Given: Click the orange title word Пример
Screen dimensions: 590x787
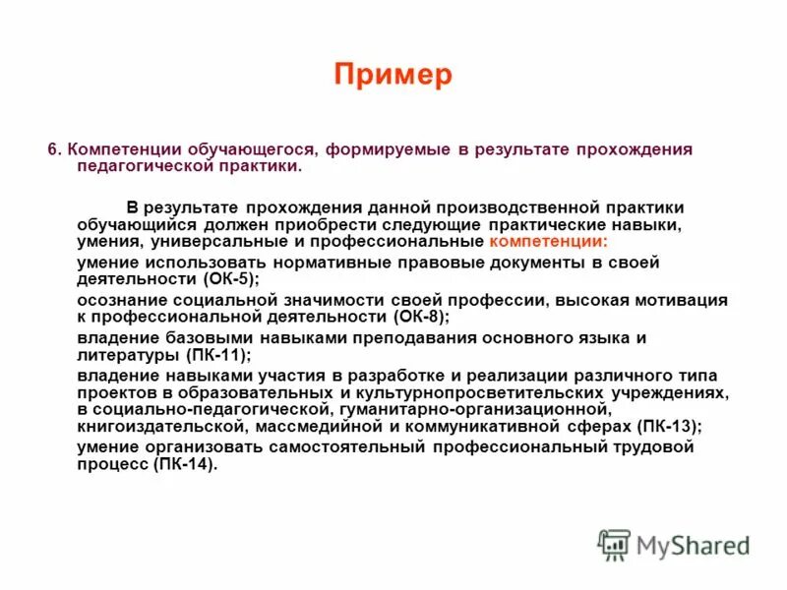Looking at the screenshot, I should (x=393, y=76).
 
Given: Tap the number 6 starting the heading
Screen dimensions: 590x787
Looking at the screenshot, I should (x=53, y=149).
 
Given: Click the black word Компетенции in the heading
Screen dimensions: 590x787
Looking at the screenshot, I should (x=116, y=149).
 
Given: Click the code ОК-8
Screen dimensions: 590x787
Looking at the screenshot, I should (x=421, y=317).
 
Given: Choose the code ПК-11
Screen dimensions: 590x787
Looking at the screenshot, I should (x=215, y=355).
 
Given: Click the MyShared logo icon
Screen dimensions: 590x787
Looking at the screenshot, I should (x=614, y=544).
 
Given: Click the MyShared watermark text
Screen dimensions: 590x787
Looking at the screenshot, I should (x=693, y=546).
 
